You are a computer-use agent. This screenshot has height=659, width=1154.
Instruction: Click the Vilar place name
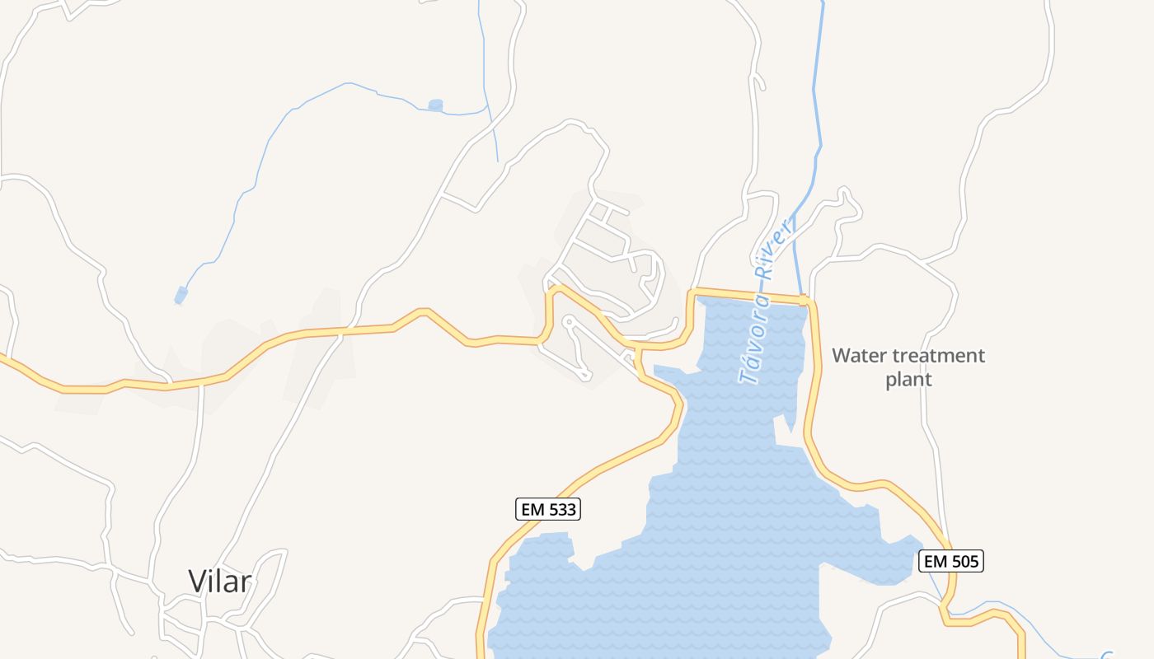pyautogui.click(x=219, y=581)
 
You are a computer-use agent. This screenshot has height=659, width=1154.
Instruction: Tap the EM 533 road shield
pyautogui.click(x=548, y=509)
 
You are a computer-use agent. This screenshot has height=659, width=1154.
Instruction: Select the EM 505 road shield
pyautogui.click(x=951, y=561)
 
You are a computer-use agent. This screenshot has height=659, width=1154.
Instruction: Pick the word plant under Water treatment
pyautogui.click(x=908, y=380)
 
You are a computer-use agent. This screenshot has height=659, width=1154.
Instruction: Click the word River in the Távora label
pyautogui.click(x=776, y=246)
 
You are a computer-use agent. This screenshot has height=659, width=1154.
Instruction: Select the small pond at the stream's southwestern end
pyautogui.click(x=181, y=295)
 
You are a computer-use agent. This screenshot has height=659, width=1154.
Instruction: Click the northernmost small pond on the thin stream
pyautogui.click(x=435, y=105)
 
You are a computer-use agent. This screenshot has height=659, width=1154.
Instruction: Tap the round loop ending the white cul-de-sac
pyautogui.click(x=567, y=320)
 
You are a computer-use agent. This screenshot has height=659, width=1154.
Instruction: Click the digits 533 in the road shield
pyautogui.click(x=561, y=509)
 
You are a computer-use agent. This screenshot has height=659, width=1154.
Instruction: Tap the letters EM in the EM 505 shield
pyautogui.click(x=935, y=561)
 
